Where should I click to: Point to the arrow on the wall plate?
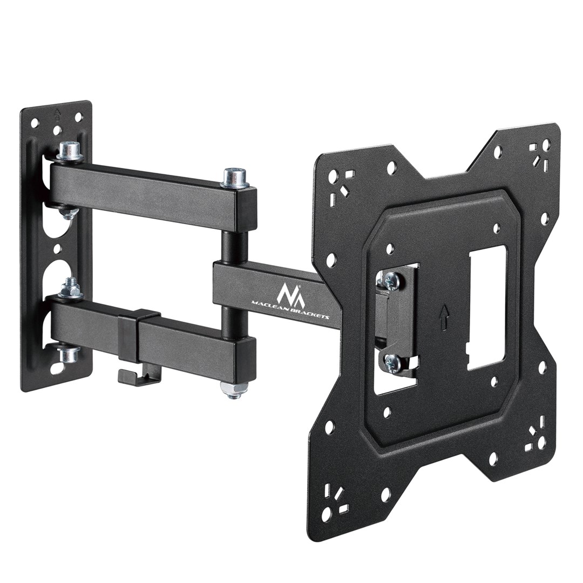pos(57,114)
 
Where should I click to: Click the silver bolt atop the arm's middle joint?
pos(235,177)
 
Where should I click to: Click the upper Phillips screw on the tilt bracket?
pos(391,280)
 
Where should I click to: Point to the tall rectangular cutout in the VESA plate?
pos(486,308)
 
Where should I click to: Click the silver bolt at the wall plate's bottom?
pos(69,354)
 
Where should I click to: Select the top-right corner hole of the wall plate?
pos(79,117)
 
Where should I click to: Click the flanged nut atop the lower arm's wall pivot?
pos(70,289)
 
